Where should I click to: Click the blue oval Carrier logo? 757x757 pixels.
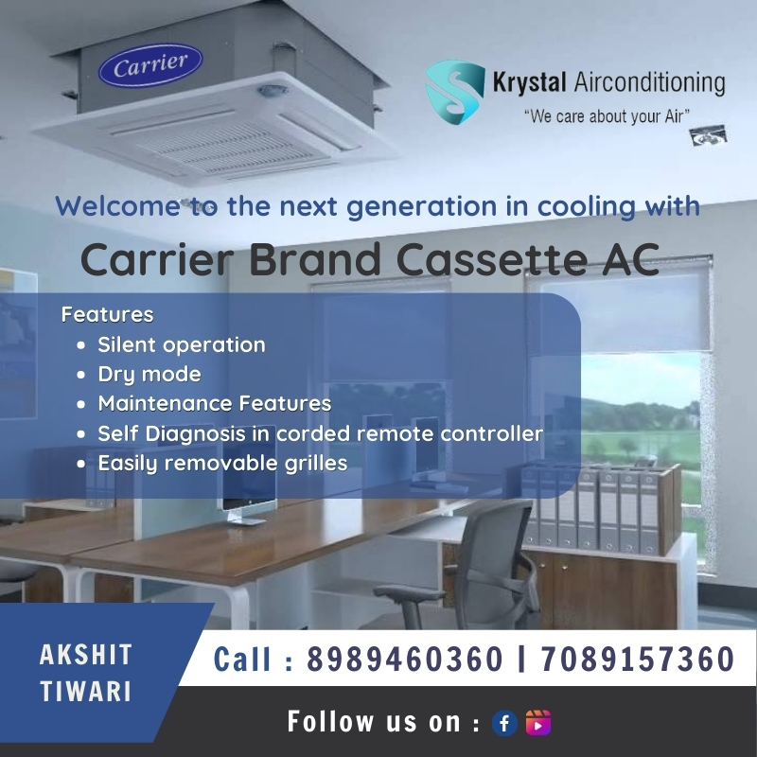150,65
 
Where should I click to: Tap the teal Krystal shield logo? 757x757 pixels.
455,91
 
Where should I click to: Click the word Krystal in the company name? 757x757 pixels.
529,82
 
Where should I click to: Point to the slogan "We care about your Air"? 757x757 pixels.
607,116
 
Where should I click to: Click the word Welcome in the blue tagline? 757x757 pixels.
117,206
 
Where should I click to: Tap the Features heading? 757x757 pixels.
107,314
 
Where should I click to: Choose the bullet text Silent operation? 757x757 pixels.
182,344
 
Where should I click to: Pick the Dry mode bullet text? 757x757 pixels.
150,375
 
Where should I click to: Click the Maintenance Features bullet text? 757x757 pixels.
215,404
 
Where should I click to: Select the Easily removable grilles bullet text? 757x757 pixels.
222,464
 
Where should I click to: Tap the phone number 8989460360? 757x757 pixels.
405,659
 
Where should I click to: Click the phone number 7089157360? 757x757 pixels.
637,659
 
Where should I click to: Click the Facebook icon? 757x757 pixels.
504,723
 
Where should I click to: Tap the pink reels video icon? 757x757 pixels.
537,723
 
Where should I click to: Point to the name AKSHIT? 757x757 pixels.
86,655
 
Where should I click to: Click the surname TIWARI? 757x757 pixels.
86,691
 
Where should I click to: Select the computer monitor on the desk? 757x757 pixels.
249,491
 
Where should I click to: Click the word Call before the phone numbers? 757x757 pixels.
241,659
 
